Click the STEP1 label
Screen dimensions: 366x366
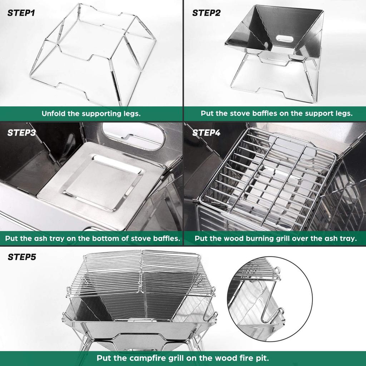21,14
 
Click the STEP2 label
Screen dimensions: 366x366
206,14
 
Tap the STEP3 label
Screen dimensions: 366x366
21,133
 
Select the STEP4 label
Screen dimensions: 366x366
206,133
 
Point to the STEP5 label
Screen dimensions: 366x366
22,257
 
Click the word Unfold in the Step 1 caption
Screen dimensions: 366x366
53,114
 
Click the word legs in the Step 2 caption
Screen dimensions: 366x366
344,114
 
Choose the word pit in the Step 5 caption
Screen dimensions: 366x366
263,358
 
